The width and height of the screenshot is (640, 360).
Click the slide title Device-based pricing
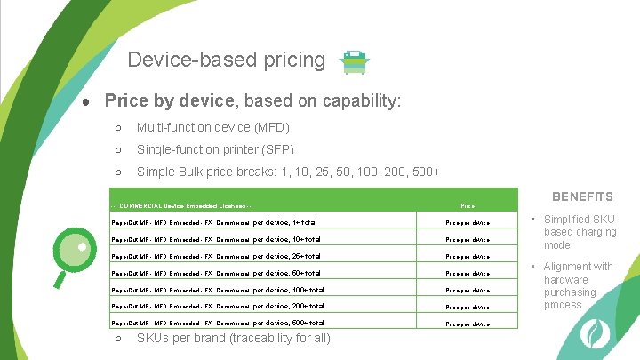[x=226, y=60]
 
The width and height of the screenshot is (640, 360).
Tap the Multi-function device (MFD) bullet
[x=212, y=128]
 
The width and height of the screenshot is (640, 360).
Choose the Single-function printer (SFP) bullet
[x=214, y=149]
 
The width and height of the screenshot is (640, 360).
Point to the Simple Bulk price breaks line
[x=288, y=172]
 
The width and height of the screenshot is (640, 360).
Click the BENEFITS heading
[x=582, y=196]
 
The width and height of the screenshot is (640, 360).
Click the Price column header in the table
[x=467, y=205]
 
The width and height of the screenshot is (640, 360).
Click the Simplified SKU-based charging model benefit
[x=580, y=232]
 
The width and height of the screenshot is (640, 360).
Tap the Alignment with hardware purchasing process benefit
[x=578, y=285]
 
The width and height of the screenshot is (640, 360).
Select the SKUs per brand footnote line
[x=233, y=339]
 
